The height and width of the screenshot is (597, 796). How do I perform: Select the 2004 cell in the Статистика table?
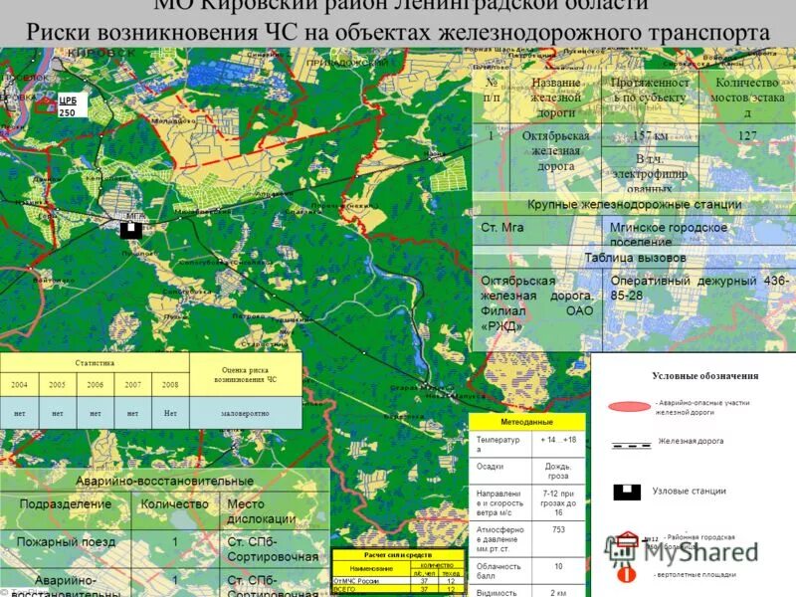point(19,384)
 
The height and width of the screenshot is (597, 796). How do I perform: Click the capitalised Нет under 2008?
point(170,412)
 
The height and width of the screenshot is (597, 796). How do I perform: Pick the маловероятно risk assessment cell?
point(245,412)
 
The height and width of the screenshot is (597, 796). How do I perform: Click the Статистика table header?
point(95,363)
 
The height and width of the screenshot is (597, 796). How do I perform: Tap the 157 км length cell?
point(651,135)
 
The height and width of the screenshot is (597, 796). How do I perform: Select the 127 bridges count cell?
point(747,135)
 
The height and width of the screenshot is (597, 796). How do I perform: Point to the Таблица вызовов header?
point(634,258)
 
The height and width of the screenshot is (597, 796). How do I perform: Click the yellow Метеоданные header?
point(526,421)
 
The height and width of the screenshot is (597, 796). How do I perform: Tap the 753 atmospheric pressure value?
point(558,529)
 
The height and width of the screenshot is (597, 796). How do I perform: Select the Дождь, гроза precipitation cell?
point(558,471)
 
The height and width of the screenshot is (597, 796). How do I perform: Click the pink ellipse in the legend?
point(628,406)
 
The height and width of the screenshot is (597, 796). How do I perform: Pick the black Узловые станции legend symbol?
point(625,491)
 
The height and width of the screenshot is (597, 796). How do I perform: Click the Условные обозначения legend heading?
point(704,376)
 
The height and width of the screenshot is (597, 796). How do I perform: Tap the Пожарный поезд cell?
point(66,542)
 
